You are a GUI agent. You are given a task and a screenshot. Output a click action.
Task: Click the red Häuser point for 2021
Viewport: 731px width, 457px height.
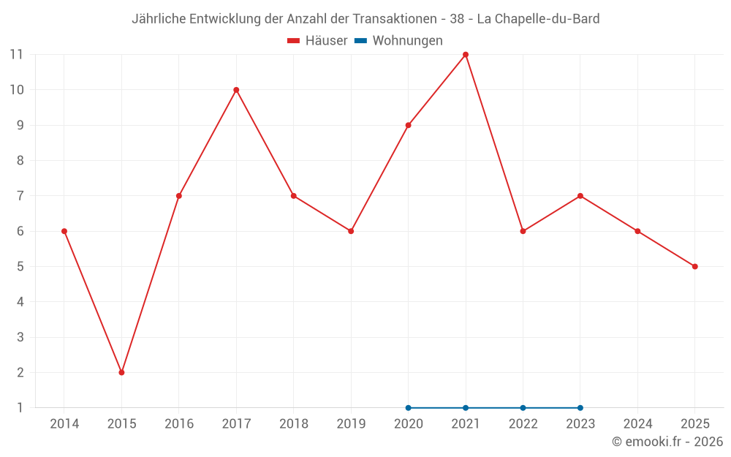tap(466, 55)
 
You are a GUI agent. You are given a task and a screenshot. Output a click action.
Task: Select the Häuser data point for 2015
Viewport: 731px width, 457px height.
tap(121, 372)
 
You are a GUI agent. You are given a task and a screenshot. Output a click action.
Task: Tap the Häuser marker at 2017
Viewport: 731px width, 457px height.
tap(236, 90)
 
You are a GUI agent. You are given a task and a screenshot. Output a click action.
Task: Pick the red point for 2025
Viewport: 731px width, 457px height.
tap(694, 266)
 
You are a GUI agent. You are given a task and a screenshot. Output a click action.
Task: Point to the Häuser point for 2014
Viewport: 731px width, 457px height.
tap(64, 231)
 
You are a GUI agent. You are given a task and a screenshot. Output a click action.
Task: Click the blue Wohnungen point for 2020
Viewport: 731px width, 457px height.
tap(408, 407)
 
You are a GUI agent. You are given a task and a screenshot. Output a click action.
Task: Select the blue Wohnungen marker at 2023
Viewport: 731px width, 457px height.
tap(580, 407)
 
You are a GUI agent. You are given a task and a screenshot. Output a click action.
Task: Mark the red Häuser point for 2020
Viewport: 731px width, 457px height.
tap(408, 125)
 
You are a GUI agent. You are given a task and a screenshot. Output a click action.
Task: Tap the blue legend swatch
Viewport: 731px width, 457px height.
tap(360, 41)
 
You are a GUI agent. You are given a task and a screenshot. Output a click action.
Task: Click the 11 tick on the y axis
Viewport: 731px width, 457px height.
tap(16, 55)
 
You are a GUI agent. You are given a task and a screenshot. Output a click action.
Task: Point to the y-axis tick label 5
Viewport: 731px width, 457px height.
tap(20, 266)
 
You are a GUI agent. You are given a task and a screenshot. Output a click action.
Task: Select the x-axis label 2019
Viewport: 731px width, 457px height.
tap(351, 423)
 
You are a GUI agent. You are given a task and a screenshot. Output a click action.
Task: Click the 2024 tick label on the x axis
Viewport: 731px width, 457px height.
tap(637, 423)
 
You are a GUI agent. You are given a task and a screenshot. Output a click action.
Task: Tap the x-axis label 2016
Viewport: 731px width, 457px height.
tap(179, 423)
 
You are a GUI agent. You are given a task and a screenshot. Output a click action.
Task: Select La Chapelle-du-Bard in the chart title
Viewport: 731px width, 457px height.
tap(538, 19)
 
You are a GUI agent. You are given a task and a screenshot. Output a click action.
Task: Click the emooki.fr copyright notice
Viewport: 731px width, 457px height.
tap(667, 442)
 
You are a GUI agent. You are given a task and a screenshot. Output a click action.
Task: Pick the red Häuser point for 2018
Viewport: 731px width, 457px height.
tap(293, 196)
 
